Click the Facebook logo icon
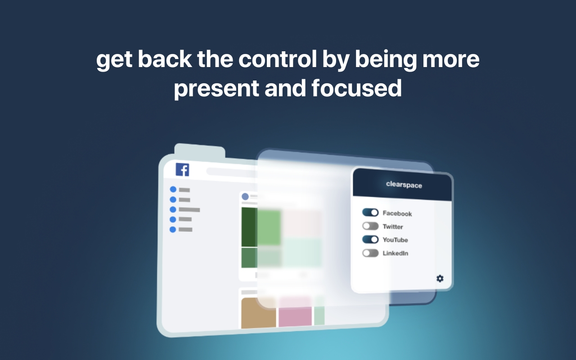(x=182, y=170)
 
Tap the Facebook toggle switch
(x=370, y=212)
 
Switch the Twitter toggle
(x=370, y=226)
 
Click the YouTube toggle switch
(x=370, y=239)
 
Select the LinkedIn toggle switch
(x=370, y=253)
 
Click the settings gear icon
(x=440, y=279)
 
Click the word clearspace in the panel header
(x=404, y=185)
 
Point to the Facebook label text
(x=397, y=213)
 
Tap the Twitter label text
(x=393, y=226)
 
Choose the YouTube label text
(x=395, y=240)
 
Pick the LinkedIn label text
(x=395, y=253)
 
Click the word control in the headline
(x=278, y=59)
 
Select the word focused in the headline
(x=356, y=88)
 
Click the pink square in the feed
(x=295, y=312)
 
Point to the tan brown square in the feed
(x=258, y=313)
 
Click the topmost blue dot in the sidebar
(x=173, y=189)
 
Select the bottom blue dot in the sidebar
(x=173, y=229)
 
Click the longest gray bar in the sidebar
(x=189, y=210)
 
